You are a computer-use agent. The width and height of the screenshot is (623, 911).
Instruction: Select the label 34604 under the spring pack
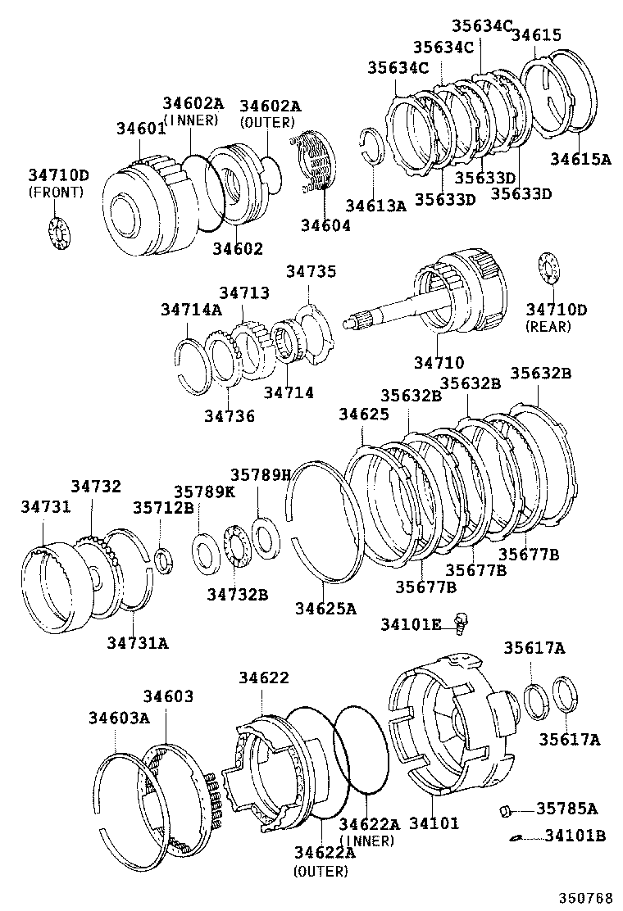tap(325, 225)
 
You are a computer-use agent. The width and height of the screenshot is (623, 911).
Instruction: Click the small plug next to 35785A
tap(506, 811)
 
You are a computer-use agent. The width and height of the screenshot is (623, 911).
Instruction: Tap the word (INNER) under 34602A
tap(192, 120)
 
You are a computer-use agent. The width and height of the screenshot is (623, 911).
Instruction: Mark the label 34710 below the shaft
tap(439, 362)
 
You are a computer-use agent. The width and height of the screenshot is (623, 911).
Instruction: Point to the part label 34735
tap(311, 271)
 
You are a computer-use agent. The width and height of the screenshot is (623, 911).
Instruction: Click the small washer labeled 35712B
tap(164, 560)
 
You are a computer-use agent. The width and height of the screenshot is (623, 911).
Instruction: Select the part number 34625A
tap(325, 608)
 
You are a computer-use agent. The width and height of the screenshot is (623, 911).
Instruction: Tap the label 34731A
tap(137, 642)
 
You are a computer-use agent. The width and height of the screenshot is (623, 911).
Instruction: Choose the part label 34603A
tap(119, 718)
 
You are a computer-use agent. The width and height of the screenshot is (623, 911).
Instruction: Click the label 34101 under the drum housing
tap(434, 823)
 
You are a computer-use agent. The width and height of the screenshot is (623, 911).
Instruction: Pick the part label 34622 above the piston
tap(263, 678)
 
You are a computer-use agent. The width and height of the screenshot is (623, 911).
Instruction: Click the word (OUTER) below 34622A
tap(320, 871)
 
